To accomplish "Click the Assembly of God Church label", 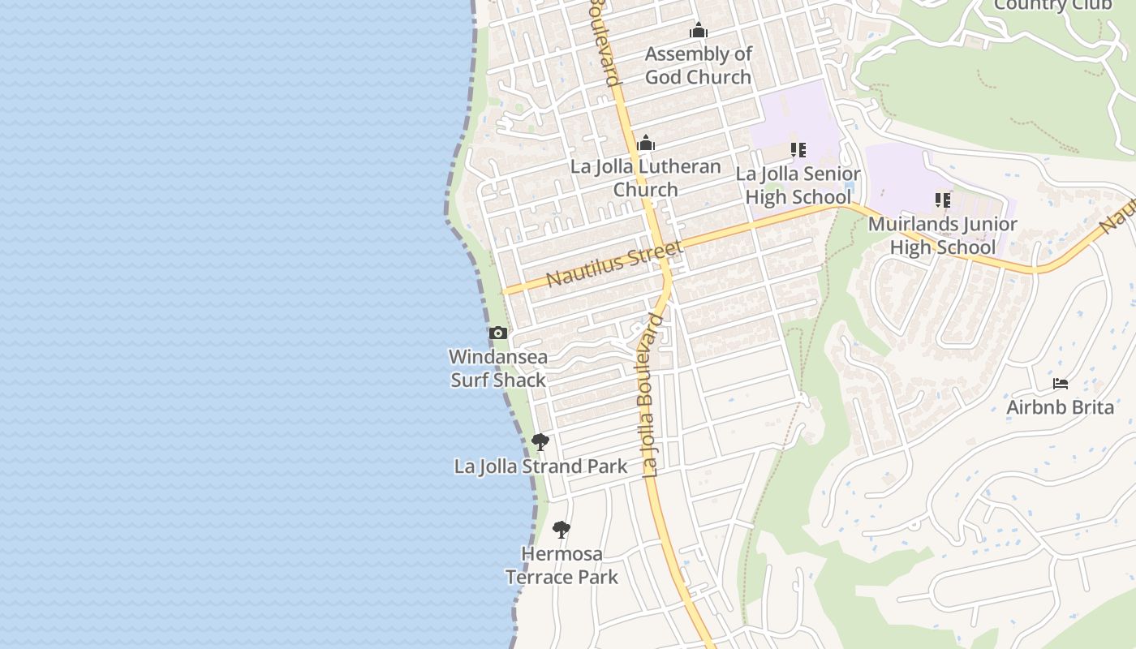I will [698, 66].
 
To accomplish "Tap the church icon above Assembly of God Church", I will [699, 32].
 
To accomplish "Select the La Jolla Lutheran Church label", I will [646, 178].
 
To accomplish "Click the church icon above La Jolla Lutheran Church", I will [646, 144].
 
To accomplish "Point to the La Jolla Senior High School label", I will [798, 186].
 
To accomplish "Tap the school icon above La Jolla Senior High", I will [798, 150].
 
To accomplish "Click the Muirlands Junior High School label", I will [943, 235].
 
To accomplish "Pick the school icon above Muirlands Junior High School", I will [943, 200].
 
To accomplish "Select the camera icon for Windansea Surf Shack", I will [498, 333].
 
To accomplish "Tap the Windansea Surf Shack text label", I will [498, 368].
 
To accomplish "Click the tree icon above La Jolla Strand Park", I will [540, 442].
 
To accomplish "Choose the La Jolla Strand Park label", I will [540, 466].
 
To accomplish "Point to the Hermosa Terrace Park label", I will [562, 565].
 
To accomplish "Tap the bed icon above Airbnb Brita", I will [1061, 384].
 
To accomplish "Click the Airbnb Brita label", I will [1061, 407].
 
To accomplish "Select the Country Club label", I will [1052, 6].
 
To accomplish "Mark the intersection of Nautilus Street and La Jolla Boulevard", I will [662, 249].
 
